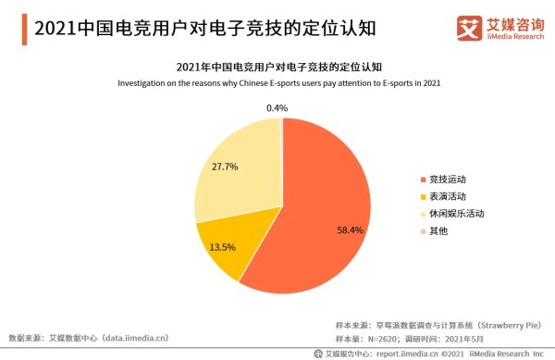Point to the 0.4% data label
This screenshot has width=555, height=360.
tap(277, 108)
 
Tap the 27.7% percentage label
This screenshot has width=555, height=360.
tap(225, 167)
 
